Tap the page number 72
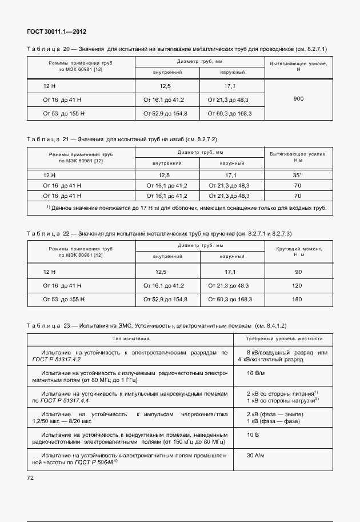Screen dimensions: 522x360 [31, 477]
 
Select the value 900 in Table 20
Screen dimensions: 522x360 [298, 99]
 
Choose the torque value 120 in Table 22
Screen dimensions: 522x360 [298, 285]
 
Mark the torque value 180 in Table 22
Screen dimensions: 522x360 [298, 299]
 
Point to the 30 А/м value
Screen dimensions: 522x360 [256, 456]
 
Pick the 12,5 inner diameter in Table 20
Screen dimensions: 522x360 [165, 86]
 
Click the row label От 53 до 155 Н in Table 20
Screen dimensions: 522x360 [63, 114]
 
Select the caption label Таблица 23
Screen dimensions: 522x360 [48, 325]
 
